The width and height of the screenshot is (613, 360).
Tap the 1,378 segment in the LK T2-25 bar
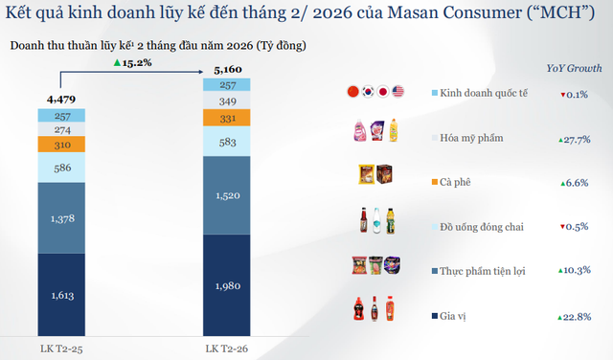tap(64, 218)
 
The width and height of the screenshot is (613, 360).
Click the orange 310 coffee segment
tap(64, 145)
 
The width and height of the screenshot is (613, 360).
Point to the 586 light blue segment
tap(64, 167)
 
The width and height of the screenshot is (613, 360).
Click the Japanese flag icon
tap(382, 93)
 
